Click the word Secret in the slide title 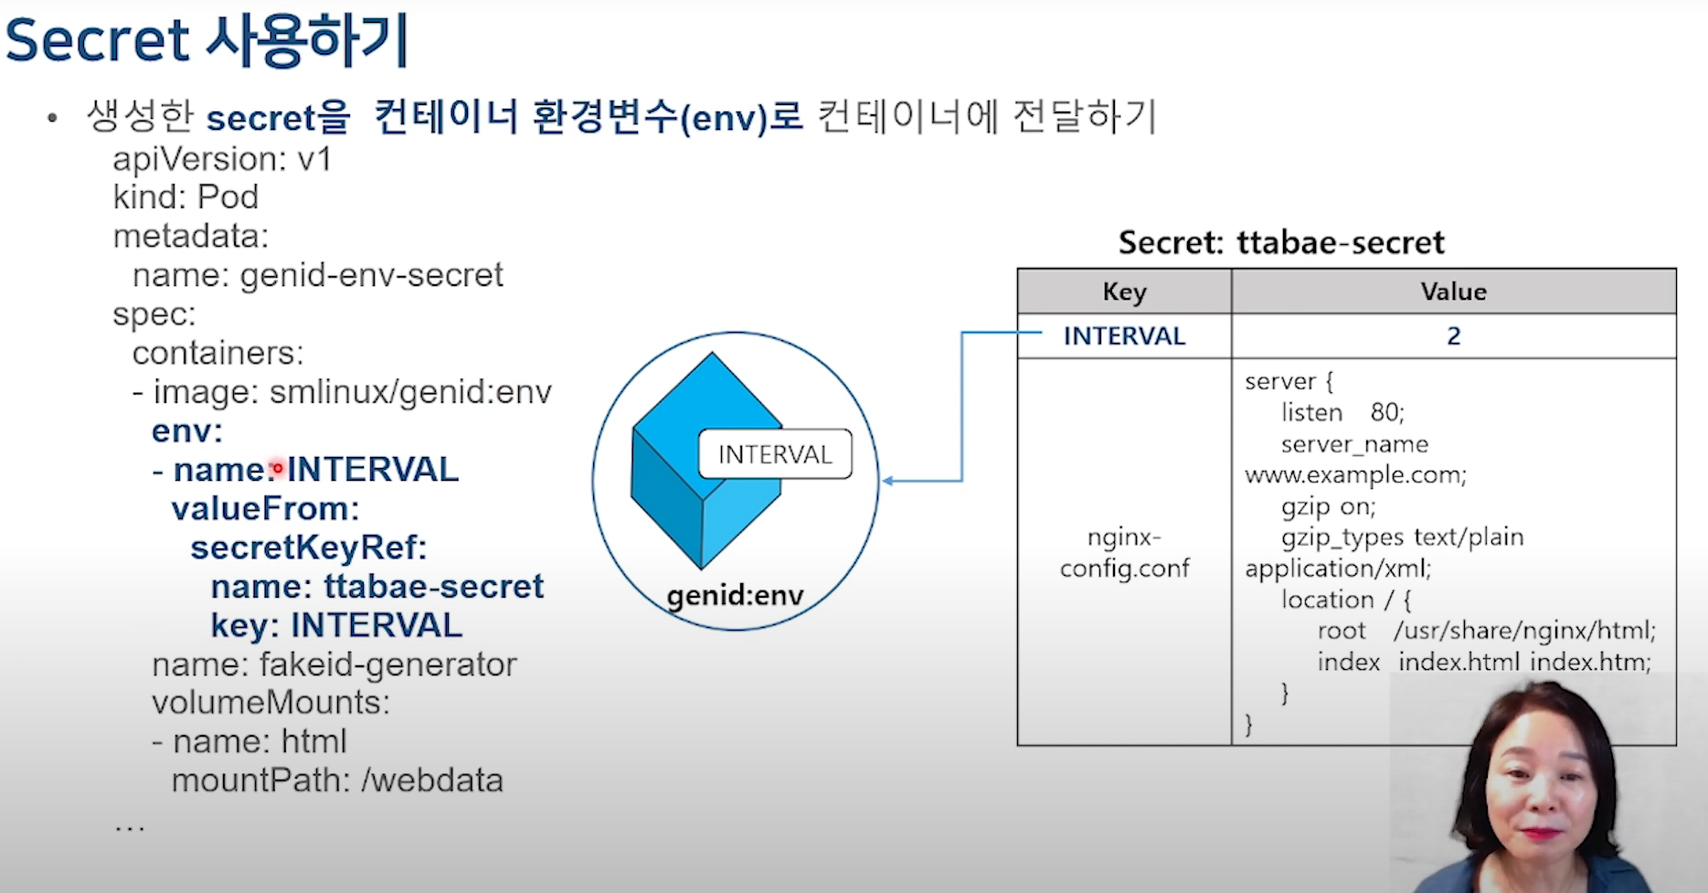98,40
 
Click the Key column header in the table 1124,292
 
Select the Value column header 1453,292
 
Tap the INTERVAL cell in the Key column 1124,336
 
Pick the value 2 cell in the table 1453,336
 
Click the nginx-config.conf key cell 1124,552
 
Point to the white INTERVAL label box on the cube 775,454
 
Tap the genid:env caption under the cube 735,596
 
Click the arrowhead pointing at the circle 887,481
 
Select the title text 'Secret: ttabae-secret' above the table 1281,243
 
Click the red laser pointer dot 278,468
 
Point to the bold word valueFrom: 265,509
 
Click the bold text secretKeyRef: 309,547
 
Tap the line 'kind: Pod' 186,197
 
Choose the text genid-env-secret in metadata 371,275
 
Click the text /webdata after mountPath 432,781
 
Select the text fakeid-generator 388,664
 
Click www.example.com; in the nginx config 1355,475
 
